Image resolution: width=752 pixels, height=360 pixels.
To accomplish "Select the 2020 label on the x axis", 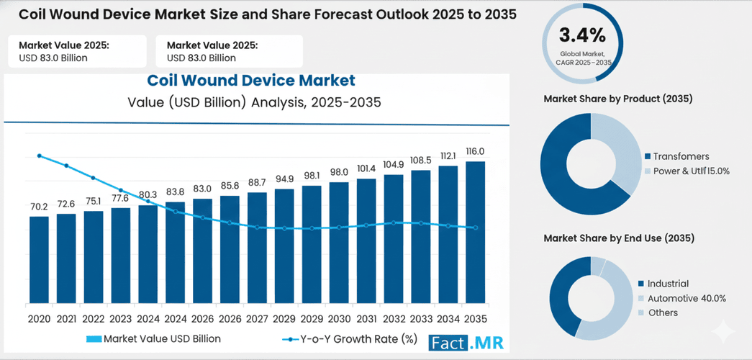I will tap(39, 319).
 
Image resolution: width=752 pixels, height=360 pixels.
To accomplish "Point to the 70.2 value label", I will tap(39, 206).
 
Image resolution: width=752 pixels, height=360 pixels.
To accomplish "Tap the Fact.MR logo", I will tap(466, 343).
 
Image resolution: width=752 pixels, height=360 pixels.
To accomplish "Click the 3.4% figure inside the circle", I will tap(583, 35).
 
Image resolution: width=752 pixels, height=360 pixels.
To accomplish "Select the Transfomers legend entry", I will tap(680, 156).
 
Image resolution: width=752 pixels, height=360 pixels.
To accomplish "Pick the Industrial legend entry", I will tap(667, 284).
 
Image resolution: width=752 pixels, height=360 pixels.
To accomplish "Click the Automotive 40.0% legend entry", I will tap(686, 298).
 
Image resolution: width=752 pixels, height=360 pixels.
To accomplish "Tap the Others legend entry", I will tap(662, 312).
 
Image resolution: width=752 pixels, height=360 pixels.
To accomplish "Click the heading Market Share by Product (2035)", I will tap(617, 99).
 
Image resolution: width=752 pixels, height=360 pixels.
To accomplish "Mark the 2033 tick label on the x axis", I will tap(420, 319).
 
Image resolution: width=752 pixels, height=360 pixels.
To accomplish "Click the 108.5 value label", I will tap(420, 160).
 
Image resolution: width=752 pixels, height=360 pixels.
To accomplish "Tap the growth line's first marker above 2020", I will tap(39, 156).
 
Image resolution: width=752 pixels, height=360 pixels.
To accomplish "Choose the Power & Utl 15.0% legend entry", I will tap(690, 171).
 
